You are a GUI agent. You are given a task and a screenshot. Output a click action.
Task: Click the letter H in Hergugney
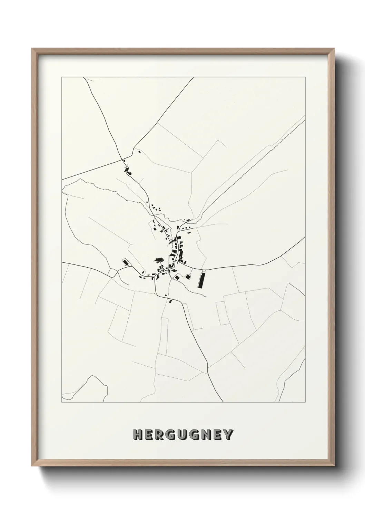tap(138, 435)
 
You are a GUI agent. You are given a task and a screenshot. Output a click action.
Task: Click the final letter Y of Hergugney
tap(228, 435)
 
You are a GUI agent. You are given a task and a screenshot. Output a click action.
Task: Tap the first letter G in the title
tap(171, 435)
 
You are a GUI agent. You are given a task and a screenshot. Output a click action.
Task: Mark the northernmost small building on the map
tap(139, 151)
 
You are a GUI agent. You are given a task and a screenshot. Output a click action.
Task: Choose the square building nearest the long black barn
tap(188, 276)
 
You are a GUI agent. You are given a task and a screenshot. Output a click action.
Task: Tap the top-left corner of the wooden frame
tap(32, 49)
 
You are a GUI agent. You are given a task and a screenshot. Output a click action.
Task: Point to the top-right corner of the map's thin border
tap(305, 77)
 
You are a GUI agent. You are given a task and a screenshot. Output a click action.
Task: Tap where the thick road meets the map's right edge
tap(305, 238)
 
